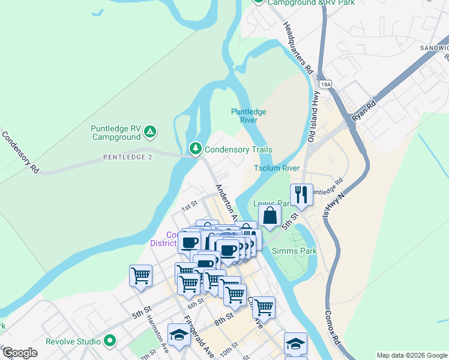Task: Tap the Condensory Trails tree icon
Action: [195, 148]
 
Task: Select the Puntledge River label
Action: [249, 116]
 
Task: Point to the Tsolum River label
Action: [276, 168]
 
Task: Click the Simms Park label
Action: [294, 251]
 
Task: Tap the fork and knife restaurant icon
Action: [301, 194]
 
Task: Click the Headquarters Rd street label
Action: [298, 47]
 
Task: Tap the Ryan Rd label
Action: [364, 112]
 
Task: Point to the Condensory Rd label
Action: [20, 152]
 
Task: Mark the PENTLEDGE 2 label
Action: [128, 157]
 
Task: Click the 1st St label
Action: [190, 205]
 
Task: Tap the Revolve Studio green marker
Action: [109, 341]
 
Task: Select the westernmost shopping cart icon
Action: [140, 276]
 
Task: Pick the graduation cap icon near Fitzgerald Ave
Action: [179, 335]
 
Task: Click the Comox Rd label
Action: [332, 328]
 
